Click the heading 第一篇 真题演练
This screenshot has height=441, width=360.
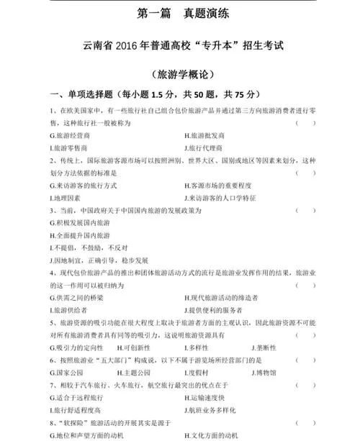point(179,13)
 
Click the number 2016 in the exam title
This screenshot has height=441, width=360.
point(133,46)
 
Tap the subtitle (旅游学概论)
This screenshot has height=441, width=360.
point(180,74)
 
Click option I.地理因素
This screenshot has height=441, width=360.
point(66,196)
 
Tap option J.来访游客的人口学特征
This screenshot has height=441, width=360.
point(222,196)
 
